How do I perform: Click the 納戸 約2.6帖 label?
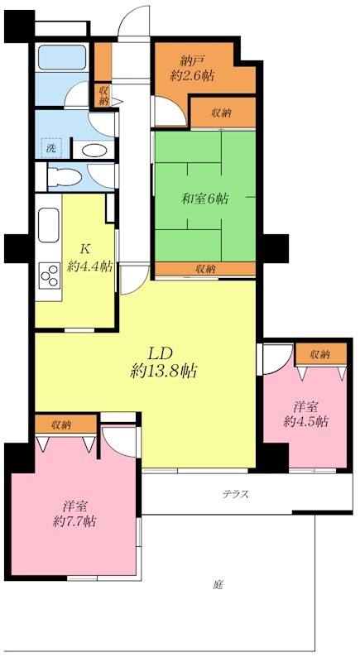[194, 67]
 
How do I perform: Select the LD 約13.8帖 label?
[164, 362]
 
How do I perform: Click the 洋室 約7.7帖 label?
[73, 513]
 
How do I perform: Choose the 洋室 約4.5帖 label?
[305, 414]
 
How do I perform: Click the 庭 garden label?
[218, 584]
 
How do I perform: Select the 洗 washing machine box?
[50, 148]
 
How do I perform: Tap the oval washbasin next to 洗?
[94, 150]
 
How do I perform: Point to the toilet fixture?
[63, 177]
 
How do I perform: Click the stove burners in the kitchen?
[50, 272]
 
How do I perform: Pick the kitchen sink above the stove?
[49, 228]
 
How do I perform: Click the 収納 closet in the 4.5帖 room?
[319, 354]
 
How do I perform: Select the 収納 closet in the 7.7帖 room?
[60, 425]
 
